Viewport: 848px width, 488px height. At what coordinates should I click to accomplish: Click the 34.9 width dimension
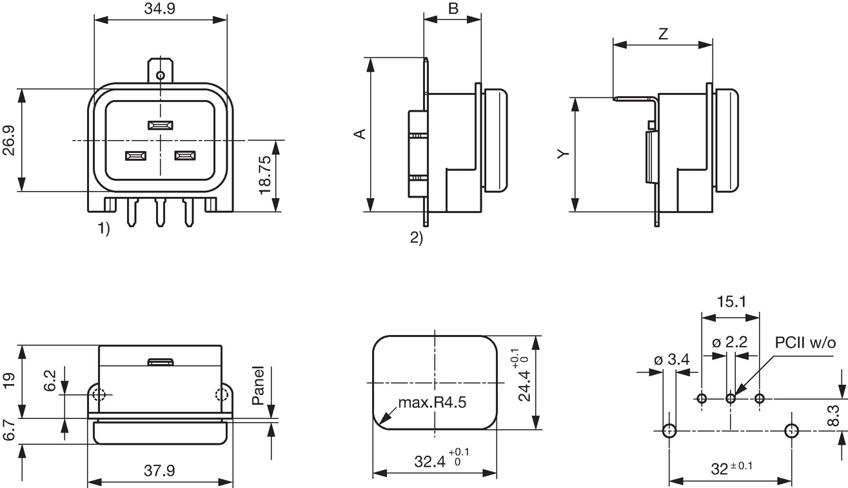coord(160,8)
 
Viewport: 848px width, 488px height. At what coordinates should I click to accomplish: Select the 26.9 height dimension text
coord(9,140)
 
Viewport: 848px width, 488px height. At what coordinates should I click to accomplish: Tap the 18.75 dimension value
coord(264,175)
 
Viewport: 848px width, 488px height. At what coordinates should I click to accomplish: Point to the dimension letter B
coord(453,8)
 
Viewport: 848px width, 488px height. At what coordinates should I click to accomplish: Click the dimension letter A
coord(360,134)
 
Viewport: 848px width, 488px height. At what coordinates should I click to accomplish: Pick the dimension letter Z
coord(663,34)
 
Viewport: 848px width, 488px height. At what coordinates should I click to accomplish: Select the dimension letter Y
coord(563,154)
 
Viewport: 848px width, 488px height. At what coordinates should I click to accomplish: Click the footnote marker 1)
coord(104,229)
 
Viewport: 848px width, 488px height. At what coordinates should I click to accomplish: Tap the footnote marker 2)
coord(417,238)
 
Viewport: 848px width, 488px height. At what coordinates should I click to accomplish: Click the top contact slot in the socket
coord(161,125)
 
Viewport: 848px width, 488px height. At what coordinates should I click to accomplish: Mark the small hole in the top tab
coord(161,76)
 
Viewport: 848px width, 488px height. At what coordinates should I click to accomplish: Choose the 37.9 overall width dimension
coord(159,471)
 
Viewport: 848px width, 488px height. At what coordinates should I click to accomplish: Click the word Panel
coord(258,385)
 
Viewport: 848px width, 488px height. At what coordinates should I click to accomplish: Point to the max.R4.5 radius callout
coord(432,402)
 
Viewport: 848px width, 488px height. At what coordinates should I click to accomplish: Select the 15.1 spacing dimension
coord(731,301)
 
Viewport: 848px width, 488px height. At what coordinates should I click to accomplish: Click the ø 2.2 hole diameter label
coord(729,342)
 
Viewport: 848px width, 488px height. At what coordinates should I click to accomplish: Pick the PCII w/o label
coord(805,343)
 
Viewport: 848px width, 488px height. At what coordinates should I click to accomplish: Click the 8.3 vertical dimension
coord(833,415)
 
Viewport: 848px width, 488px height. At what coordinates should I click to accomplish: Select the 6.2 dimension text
coord(50,381)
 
